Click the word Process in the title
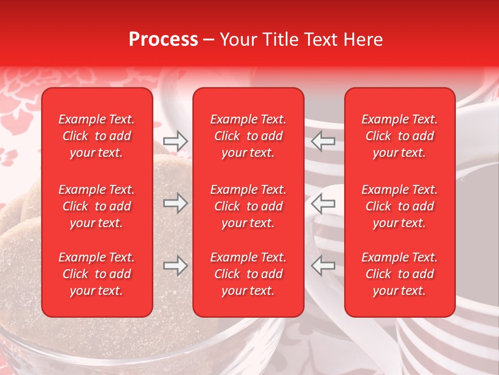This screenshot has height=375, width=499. point(163,40)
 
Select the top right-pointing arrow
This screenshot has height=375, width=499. point(175,141)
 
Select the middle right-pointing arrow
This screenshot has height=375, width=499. point(175,203)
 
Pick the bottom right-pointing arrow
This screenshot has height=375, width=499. point(175,266)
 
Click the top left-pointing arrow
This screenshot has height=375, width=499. point(323,141)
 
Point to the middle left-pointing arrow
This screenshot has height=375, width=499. point(323,203)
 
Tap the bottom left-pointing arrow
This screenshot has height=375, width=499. point(323,266)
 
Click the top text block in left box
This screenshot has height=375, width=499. point(97,136)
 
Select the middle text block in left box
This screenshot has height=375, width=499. point(97,206)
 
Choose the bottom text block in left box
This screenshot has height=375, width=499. point(97,274)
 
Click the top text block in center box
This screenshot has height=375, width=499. point(248,136)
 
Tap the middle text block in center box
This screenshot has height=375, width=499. point(248,206)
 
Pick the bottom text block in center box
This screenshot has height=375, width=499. point(248,274)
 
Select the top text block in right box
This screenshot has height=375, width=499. point(399,136)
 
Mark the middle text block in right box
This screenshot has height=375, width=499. point(399,206)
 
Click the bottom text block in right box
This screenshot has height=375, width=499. point(399,274)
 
